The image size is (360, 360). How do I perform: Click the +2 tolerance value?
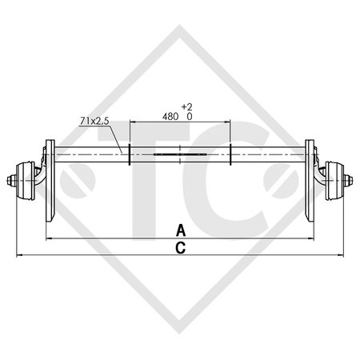coord(187,106)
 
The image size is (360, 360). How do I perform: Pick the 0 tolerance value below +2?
coord(189,115)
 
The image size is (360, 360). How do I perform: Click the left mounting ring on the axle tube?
coord(130,154)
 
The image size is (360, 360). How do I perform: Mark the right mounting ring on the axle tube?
coord(231,154)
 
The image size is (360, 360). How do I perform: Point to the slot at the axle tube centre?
coord(181,154)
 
